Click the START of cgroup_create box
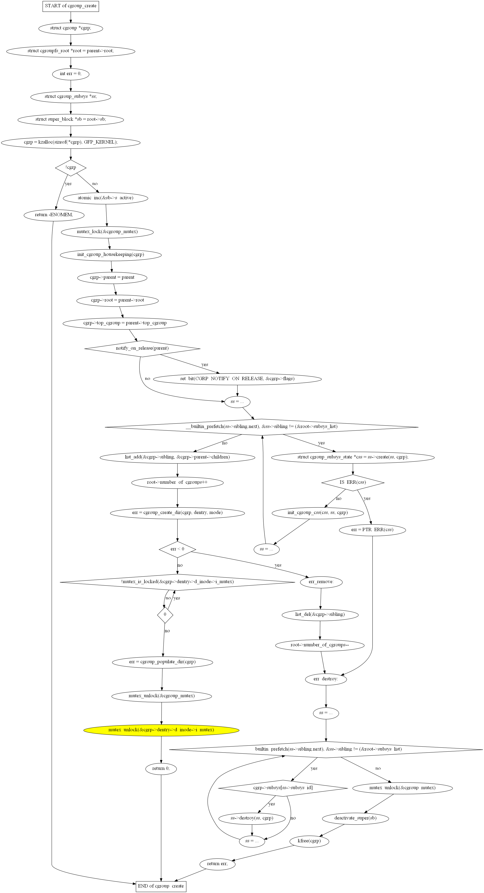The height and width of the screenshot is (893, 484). pos(71,6)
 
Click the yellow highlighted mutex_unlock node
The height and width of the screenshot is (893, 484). pos(161,730)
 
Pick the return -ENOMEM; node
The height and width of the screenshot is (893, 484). pos(54,215)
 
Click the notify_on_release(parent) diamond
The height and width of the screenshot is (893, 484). pos(142,348)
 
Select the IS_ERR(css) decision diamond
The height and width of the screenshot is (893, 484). pos(353,483)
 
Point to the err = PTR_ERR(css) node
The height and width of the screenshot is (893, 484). pos(372,530)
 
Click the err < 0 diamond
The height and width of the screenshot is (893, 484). pos(177,549)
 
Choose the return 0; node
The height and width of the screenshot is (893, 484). pos(161,769)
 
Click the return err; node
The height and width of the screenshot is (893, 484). pos(218,864)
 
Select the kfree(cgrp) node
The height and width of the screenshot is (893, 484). pos(309,841)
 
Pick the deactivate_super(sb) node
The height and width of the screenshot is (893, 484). pos(355,818)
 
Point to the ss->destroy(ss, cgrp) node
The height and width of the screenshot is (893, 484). pos(252,818)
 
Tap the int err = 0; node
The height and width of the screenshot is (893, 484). pos(71,74)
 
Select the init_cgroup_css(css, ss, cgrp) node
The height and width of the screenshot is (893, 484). pos(318,513)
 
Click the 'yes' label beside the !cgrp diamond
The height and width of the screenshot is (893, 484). pos(68,184)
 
